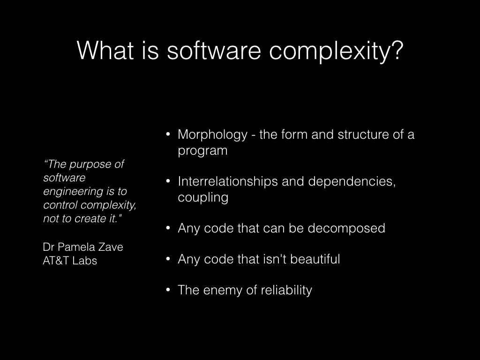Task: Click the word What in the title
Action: pos(105,50)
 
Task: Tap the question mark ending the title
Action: pos(397,50)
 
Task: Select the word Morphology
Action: pos(212,135)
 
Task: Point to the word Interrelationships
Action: pos(228,181)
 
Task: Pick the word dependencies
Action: pos(352,181)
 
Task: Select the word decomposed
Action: pos(346,228)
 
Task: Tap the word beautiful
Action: pos(315,259)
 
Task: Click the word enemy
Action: pos(223,291)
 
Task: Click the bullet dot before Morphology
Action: pos(168,134)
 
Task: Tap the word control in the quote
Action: pos(60,205)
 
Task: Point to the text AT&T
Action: pos(56,261)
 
